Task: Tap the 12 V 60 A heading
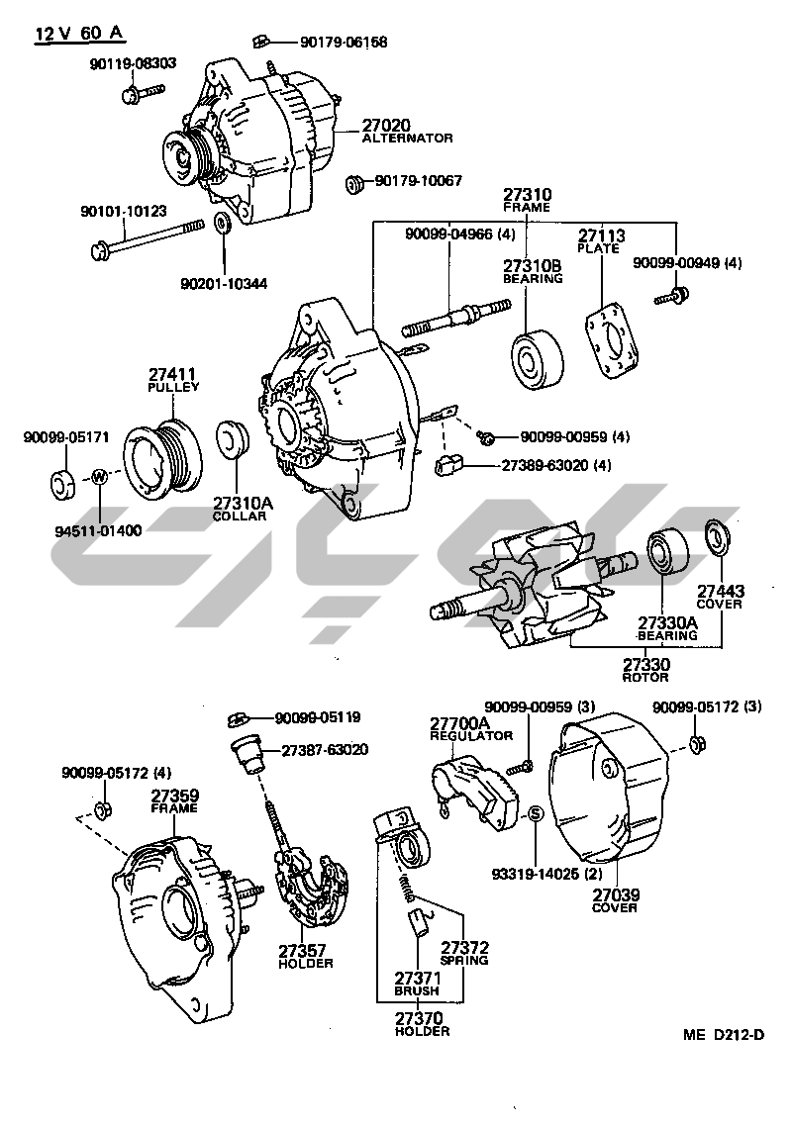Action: coord(79,34)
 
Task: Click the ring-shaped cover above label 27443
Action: coord(714,535)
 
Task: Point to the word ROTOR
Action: coord(644,677)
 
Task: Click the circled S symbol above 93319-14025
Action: coord(535,813)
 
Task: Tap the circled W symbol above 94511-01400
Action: coord(98,478)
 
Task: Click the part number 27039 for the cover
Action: coord(616,894)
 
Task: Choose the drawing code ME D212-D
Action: coord(724,1035)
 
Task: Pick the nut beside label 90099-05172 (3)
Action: coord(695,742)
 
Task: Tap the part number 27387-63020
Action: coord(325,750)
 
